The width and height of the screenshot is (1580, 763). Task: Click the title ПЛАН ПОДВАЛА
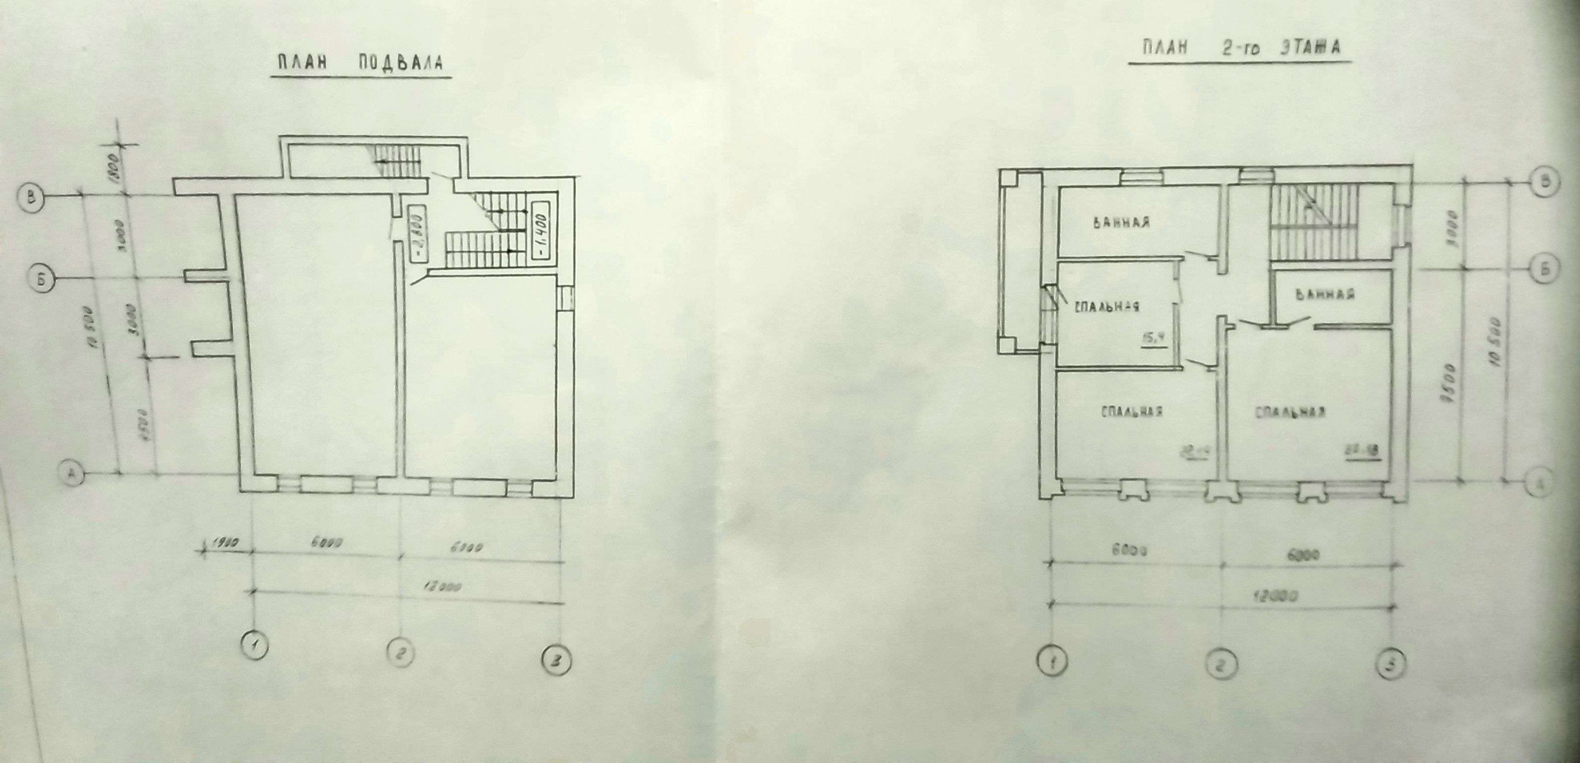[360, 63]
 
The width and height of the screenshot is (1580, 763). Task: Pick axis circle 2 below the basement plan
[401, 654]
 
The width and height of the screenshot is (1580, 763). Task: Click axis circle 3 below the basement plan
[556, 661]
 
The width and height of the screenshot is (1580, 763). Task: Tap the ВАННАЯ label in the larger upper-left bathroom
[1122, 222]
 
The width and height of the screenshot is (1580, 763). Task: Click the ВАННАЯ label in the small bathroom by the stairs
[1325, 294]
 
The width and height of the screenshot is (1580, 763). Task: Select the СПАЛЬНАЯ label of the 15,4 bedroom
[1106, 306]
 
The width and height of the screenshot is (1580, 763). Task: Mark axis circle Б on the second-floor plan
[1546, 268]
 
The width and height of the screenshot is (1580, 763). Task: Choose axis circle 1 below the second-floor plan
[1052, 661]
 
